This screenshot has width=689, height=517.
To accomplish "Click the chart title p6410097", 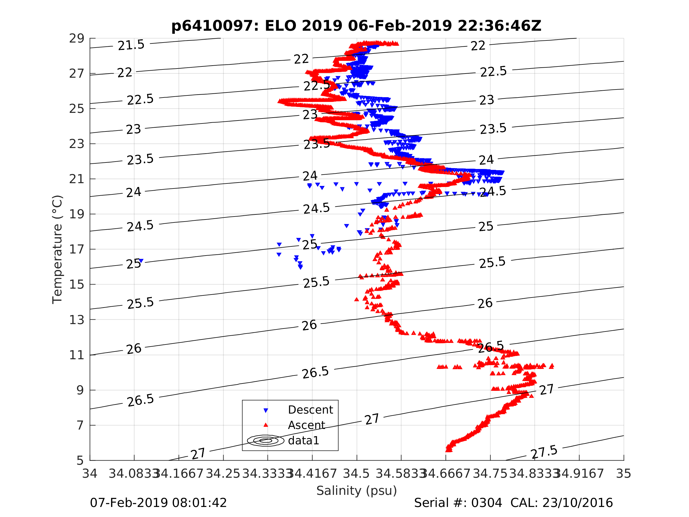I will point(356,26).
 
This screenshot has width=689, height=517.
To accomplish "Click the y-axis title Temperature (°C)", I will point(57,249).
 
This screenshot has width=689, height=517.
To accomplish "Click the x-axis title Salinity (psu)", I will point(357,490).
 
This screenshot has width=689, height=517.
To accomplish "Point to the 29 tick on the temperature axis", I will point(76,39).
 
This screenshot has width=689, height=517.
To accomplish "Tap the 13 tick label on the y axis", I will point(76,320).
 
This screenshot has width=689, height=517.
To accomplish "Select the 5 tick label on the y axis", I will point(80,461).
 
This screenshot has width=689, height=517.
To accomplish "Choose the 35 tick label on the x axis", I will point(624,474).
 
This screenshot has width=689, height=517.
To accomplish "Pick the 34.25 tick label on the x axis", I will point(223,474).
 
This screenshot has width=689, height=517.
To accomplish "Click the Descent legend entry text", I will point(311,410).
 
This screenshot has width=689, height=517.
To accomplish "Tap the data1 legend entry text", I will point(304,441).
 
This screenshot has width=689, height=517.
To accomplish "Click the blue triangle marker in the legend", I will point(266,411).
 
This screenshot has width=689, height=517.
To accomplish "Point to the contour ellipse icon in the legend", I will point(266,441).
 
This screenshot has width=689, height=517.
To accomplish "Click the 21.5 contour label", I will point(131,45).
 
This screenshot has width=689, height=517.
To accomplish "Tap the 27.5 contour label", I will point(544,452).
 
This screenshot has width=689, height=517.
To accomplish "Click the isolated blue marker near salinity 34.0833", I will point(141,261).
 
